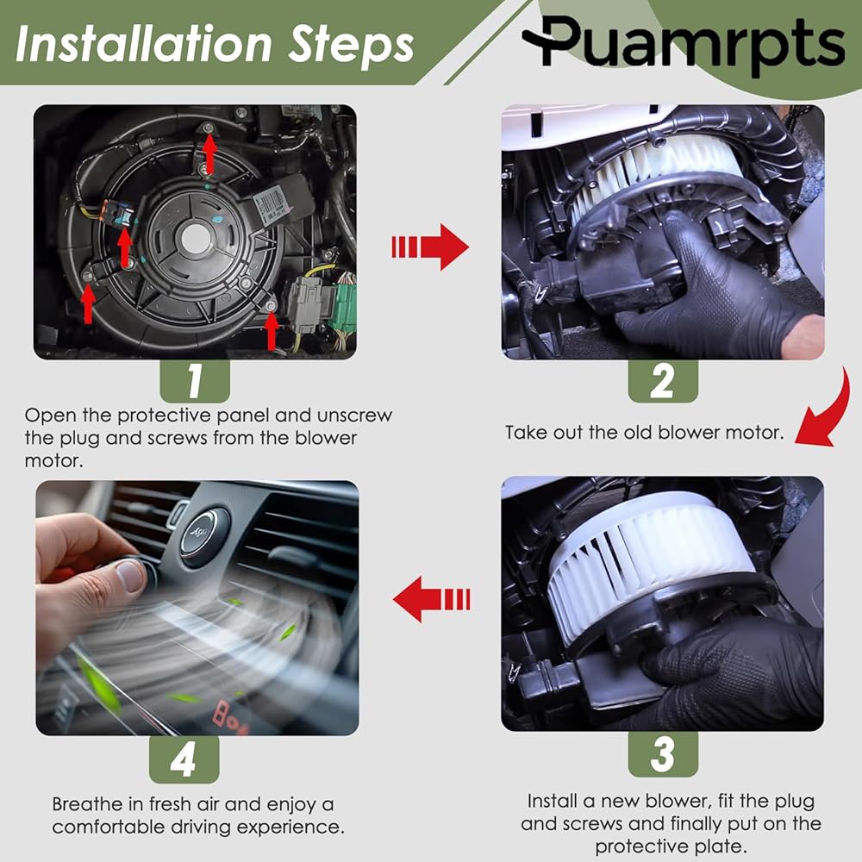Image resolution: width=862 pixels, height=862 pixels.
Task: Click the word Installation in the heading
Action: click(143, 44)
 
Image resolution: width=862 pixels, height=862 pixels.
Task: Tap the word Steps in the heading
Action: click(352, 45)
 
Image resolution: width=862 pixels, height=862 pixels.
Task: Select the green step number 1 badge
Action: click(195, 381)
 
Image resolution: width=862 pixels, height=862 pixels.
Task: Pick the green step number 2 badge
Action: click(662, 381)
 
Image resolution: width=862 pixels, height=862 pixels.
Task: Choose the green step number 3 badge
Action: click(662, 753)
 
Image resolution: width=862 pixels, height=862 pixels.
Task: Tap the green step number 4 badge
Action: click(184, 759)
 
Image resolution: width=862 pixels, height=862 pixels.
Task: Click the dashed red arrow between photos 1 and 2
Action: click(430, 247)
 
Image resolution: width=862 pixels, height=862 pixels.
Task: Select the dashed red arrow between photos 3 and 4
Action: click(432, 599)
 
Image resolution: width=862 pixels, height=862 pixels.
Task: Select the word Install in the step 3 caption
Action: click(553, 801)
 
